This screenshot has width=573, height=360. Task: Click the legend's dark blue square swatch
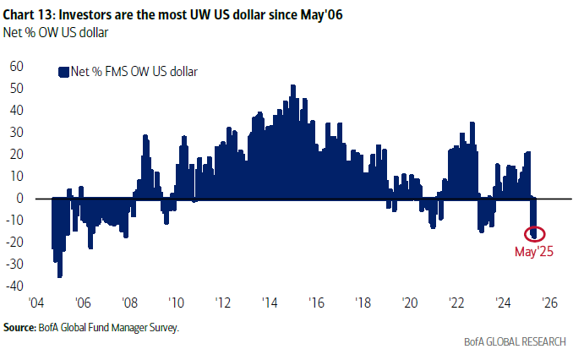pyautogui.click(x=63, y=72)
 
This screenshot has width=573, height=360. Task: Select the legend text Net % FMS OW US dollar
pyautogui.click(x=133, y=72)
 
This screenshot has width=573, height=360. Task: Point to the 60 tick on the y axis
pyautogui.click(x=16, y=66)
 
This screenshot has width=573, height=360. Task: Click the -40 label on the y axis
pyautogui.click(x=14, y=286)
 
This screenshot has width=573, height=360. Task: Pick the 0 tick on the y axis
pyautogui.click(x=19, y=199)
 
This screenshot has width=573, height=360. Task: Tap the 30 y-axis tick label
pyautogui.click(x=16, y=133)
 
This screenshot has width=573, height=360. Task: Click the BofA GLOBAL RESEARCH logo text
pyautogui.click(x=513, y=341)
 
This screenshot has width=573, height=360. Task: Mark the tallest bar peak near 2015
pyautogui.click(x=292, y=86)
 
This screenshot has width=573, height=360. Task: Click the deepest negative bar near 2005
pyautogui.click(x=59, y=275)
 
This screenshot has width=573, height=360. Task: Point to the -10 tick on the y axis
pyautogui.click(x=14, y=221)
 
